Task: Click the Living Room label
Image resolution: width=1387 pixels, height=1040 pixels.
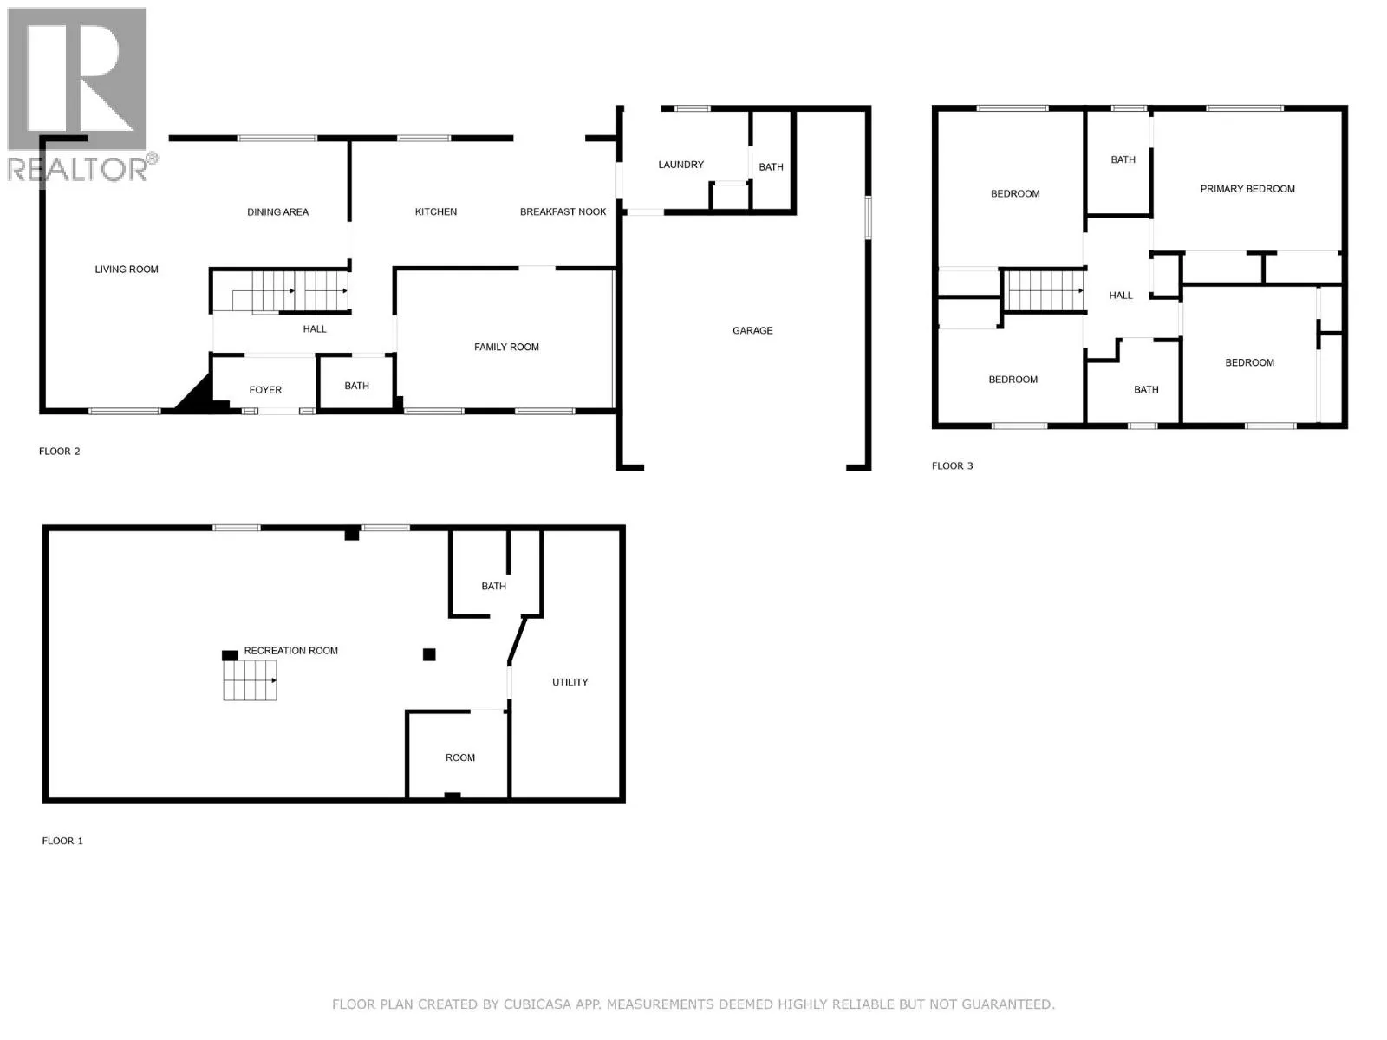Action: pyautogui.click(x=127, y=270)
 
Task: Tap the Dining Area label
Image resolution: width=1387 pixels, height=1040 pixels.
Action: pyautogui.click(x=277, y=212)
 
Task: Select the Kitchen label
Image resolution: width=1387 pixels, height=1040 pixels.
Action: pyautogui.click(x=435, y=212)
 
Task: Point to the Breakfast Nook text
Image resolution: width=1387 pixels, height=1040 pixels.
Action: pyautogui.click(x=563, y=212)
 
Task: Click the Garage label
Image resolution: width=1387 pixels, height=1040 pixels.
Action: pyautogui.click(x=752, y=331)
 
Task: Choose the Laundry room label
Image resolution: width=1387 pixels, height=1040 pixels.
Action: pyautogui.click(x=680, y=165)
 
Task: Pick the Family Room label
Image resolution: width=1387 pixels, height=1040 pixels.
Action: pyautogui.click(x=506, y=348)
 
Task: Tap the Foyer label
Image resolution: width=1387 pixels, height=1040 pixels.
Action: pyautogui.click(x=264, y=390)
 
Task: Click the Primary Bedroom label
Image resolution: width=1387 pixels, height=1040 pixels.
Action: pyautogui.click(x=1247, y=189)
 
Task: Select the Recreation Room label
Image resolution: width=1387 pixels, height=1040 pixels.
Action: pyautogui.click(x=290, y=651)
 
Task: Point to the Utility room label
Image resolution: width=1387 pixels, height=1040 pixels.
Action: pyautogui.click(x=570, y=683)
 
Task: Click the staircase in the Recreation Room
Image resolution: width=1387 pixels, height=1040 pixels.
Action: pyautogui.click(x=250, y=680)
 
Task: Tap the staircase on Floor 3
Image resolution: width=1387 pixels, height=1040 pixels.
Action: pyautogui.click(x=1045, y=290)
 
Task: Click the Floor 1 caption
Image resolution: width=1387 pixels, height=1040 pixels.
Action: pyautogui.click(x=62, y=841)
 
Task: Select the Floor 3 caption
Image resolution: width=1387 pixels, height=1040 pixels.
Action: pyautogui.click(x=952, y=466)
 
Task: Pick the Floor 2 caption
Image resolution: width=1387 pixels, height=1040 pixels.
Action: pyautogui.click(x=60, y=452)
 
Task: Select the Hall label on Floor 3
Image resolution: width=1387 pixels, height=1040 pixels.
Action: pyautogui.click(x=1120, y=296)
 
